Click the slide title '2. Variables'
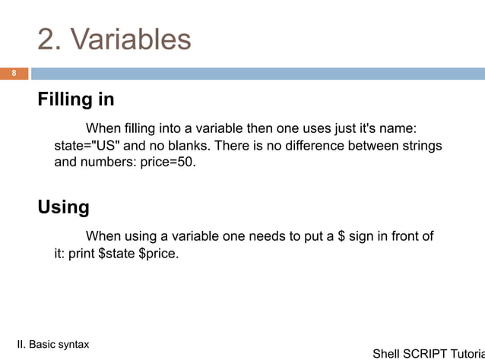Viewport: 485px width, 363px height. pos(114,39)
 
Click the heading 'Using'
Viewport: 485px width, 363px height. pos(64,207)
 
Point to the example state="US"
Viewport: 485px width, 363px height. pos(87,144)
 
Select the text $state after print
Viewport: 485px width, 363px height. pos(116,253)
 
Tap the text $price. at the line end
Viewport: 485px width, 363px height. pos(159,253)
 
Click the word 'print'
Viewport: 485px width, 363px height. pos(82,253)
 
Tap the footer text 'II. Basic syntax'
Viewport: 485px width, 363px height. pos(52,344)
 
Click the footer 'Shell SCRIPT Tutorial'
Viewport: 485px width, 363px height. pos(428,354)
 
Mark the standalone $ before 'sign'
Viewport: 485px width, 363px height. pos(341,236)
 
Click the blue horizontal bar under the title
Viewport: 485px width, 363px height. pos(257,74)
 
